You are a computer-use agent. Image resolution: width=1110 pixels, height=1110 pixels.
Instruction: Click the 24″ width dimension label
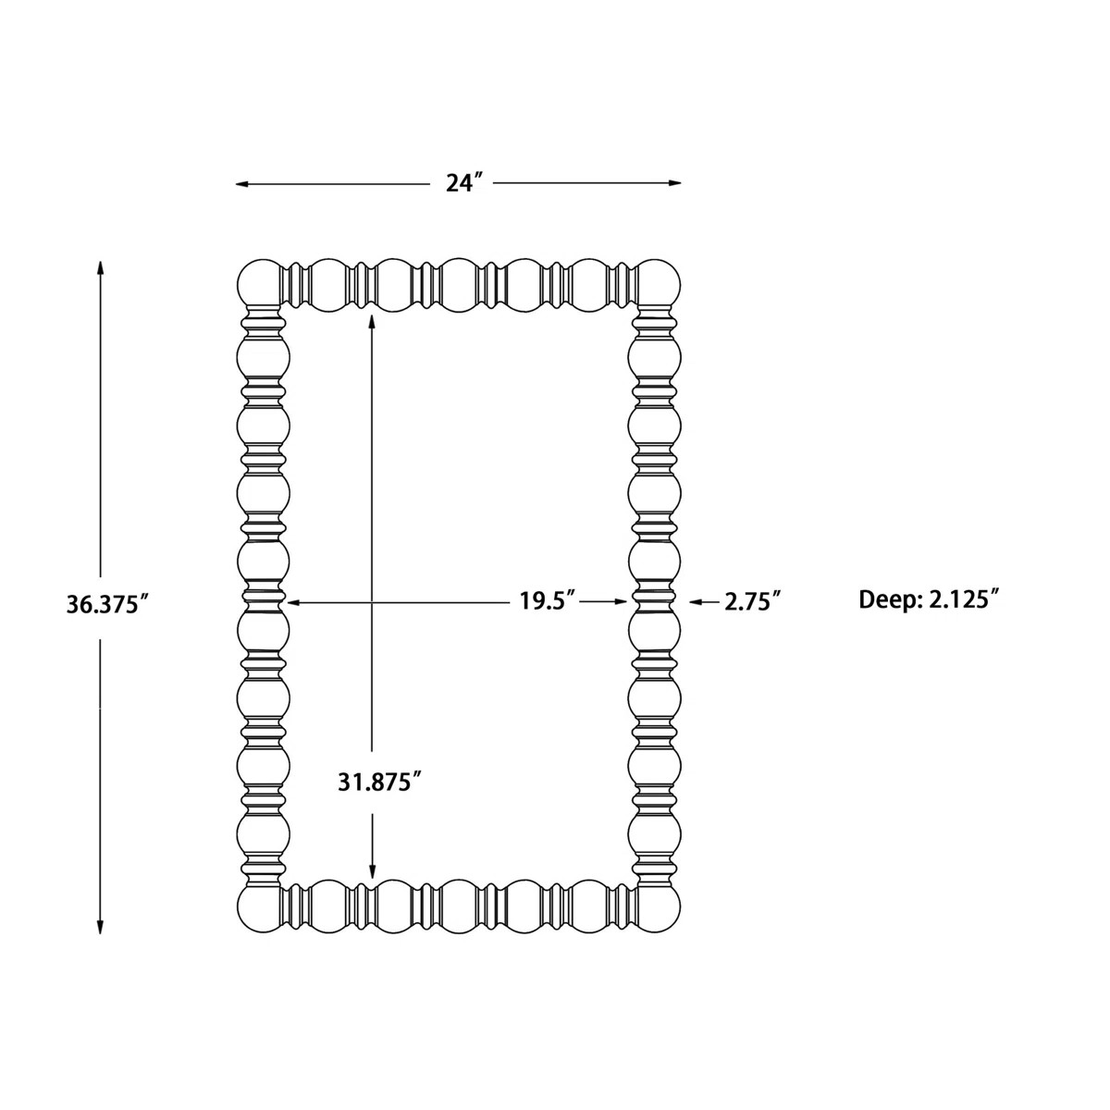coord(465,183)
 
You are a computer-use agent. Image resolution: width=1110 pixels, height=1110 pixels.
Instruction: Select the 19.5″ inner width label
coord(548,601)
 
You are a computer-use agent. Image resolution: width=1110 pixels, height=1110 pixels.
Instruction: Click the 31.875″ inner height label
coord(379,782)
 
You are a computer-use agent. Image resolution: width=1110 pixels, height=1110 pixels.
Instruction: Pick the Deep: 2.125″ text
coord(930,599)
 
